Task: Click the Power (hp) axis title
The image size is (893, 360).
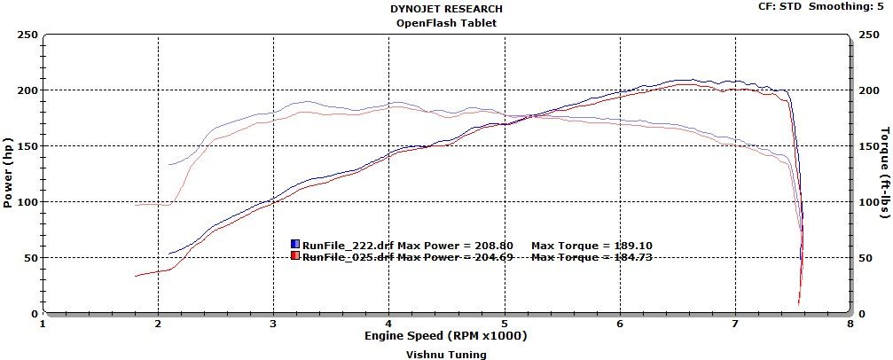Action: (8, 174)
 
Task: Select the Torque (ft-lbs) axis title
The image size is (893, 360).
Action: (884, 174)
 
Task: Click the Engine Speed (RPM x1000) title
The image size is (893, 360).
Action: (446, 337)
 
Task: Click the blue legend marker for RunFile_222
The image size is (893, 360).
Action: (295, 244)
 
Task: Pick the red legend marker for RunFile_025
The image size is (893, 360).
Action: (295, 256)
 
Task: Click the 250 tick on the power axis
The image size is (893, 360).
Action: (27, 35)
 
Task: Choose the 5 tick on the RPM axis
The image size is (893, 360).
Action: (505, 324)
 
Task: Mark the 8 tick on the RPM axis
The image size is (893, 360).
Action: (850, 324)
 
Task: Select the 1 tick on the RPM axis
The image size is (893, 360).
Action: (43, 324)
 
